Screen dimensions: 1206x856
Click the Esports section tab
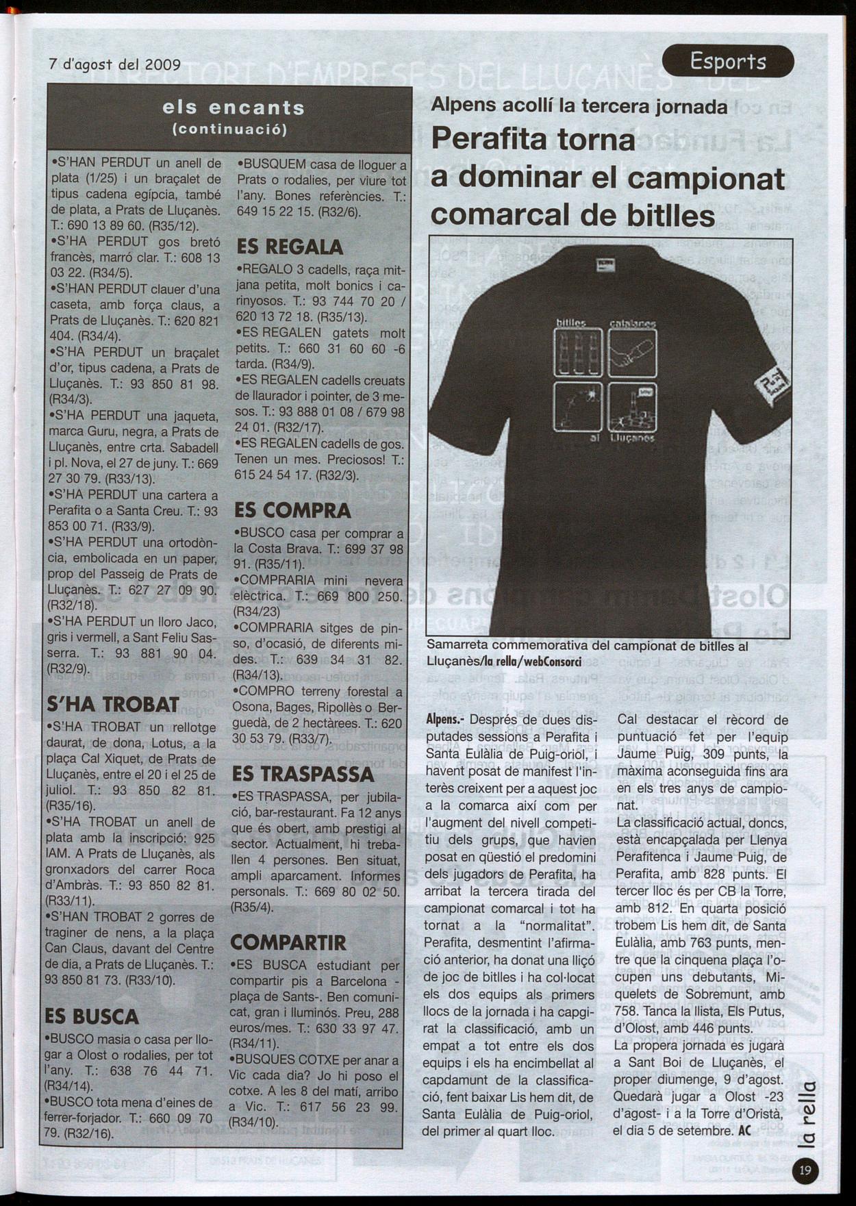tap(728, 62)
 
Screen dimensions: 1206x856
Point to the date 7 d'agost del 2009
tap(115, 64)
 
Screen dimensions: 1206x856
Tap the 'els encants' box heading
tap(233, 108)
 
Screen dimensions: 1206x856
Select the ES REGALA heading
tap(290, 247)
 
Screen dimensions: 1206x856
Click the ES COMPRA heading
tap(292, 510)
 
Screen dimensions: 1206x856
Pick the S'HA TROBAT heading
tap(113, 704)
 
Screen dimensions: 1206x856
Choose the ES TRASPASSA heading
tap(303, 774)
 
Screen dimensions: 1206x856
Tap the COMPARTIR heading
tap(288, 942)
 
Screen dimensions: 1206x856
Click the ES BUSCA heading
tap(92, 1016)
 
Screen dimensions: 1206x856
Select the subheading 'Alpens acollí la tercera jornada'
tap(579, 106)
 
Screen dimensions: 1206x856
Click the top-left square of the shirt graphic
tap(578, 351)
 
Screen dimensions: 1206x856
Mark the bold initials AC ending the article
tap(746, 1131)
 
